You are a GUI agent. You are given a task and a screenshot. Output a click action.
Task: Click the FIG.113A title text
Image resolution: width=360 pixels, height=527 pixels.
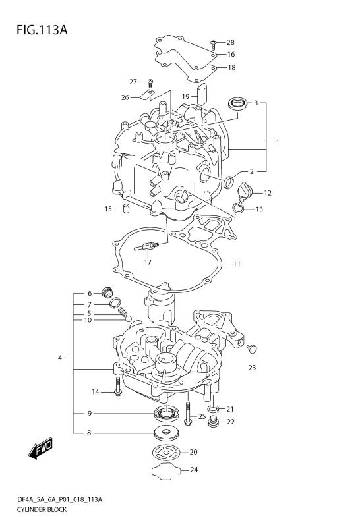coord(37,30)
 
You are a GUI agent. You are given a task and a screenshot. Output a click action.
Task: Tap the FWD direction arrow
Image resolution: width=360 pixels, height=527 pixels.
coord(41,450)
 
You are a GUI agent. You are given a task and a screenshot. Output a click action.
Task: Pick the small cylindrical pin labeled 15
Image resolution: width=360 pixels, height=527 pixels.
coord(123,209)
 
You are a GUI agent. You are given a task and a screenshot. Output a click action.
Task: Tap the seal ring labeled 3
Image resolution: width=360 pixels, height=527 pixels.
coord(237,103)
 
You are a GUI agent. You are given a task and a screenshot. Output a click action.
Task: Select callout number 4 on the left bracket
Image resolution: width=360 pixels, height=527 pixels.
coord(59,358)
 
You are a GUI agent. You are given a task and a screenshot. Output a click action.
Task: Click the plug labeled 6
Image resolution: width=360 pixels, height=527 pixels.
coord(107,292)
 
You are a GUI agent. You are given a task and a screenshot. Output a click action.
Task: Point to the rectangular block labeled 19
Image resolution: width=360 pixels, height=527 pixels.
coord(202,91)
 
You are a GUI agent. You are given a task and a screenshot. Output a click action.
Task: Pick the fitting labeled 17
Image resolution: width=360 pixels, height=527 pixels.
coord(147,247)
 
